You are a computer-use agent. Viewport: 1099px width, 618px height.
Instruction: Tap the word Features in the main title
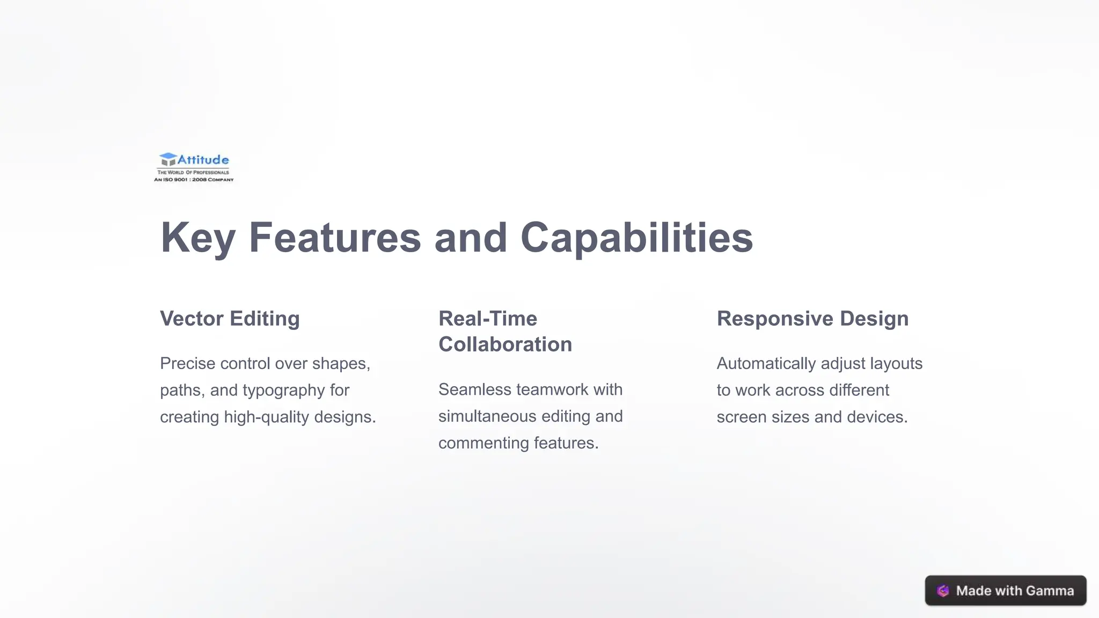335,238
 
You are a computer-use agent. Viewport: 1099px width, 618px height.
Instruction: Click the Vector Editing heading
230,319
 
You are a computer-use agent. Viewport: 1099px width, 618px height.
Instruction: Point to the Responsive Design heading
812,319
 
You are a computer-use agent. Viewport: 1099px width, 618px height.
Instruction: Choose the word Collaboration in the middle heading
505,344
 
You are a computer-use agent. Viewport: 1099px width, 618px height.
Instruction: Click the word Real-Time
487,319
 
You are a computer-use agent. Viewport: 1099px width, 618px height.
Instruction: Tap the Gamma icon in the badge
943,591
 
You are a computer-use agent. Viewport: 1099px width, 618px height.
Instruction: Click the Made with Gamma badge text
1015,591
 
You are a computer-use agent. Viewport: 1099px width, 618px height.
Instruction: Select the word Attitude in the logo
203,159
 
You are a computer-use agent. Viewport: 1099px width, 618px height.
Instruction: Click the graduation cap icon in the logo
168,159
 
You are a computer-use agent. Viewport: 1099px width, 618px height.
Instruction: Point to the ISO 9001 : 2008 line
194,180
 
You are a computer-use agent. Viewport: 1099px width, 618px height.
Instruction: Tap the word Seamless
474,389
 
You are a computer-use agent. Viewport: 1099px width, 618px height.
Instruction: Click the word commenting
483,443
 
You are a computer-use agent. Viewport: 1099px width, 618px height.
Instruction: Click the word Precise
187,364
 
